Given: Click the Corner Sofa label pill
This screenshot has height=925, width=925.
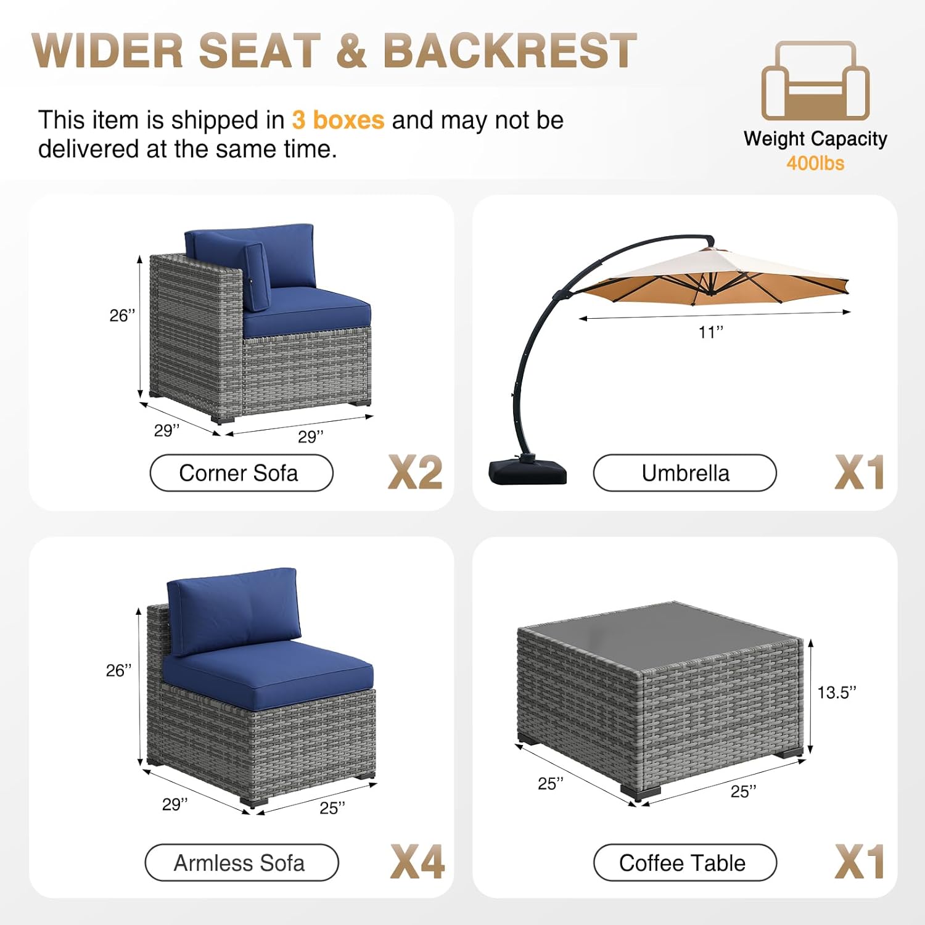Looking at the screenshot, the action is (241, 473).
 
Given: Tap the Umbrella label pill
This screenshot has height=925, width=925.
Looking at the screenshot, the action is (684, 473).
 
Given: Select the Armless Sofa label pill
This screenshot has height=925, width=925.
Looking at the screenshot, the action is (241, 863).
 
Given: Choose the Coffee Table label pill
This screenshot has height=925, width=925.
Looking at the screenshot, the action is (684, 863).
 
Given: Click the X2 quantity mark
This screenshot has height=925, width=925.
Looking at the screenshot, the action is (415, 472).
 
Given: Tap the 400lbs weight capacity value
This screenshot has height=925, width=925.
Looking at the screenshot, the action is (815, 163).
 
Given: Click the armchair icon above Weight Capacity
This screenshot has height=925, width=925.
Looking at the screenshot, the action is (815, 80).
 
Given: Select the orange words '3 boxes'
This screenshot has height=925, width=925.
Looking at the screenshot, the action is (338, 120).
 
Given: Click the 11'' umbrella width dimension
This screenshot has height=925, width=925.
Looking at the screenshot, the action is (710, 332).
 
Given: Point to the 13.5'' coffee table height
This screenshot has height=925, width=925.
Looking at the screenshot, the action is (837, 693).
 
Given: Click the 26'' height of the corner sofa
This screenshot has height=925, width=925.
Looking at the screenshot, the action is (122, 315).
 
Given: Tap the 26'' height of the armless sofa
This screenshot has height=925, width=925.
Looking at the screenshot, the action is (118, 670).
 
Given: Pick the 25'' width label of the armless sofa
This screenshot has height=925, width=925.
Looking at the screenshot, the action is (332, 807).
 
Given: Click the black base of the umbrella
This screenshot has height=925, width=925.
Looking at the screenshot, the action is (527, 470).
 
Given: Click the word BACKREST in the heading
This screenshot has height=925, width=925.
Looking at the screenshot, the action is (509, 50).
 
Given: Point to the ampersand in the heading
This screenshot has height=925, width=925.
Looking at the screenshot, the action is (352, 51).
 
